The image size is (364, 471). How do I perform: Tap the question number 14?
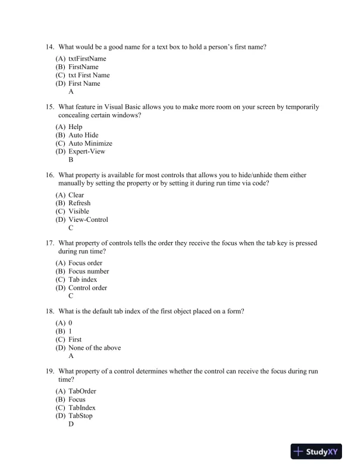[x=49, y=46]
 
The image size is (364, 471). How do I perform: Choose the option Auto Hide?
[x=83, y=135]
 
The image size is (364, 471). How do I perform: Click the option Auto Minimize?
[x=90, y=143]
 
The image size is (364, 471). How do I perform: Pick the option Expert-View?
[x=86, y=152]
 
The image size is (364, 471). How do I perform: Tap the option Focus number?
[x=89, y=271]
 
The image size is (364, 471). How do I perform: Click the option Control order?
[x=87, y=288]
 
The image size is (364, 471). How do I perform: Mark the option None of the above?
[x=95, y=348]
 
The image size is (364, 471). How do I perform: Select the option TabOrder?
[x=82, y=391]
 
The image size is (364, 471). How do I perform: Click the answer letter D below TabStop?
[x=71, y=425]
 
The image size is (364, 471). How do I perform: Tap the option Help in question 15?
[x=76, y=127]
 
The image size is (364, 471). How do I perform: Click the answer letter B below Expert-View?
[x=71, y=160]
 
